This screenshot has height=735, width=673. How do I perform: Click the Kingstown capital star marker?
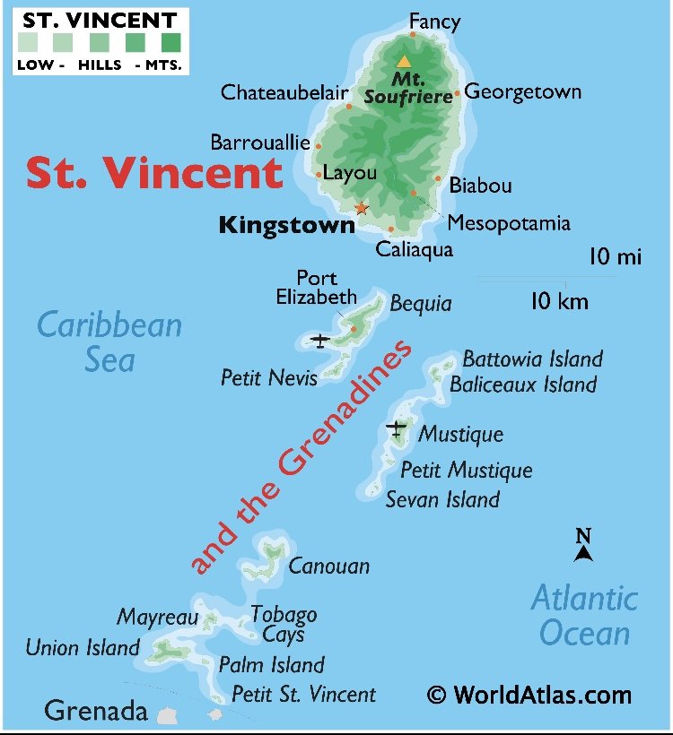[361, 208]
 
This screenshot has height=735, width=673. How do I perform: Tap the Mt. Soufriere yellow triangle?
[404, 62]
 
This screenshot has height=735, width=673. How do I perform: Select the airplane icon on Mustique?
[396, 429]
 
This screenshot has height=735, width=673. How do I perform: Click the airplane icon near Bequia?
[319, 340]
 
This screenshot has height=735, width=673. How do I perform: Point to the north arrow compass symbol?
[583, 545]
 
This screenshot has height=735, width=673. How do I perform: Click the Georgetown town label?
[522, 92]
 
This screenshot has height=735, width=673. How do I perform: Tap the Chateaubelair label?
[284, 92]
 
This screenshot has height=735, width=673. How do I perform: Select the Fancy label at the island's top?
[434, 22]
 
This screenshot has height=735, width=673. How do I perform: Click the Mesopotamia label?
[509, 223]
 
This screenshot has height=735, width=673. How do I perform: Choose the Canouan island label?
[328, 566]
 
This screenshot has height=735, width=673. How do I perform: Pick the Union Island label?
[83, 647]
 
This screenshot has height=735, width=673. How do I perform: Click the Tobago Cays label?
[284, 624]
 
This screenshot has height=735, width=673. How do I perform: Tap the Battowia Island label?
[532, 359]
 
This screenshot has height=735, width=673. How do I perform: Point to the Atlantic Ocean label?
[584, 615]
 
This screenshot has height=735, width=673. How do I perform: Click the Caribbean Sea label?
[109, 342]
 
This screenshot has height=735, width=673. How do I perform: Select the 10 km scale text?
[559, 301]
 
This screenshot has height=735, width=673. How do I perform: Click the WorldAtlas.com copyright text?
[529, 694]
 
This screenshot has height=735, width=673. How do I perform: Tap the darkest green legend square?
[170, 41]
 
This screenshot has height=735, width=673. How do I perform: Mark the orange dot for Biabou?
[438, 178]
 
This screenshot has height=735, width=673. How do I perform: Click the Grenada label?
[96, 712]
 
